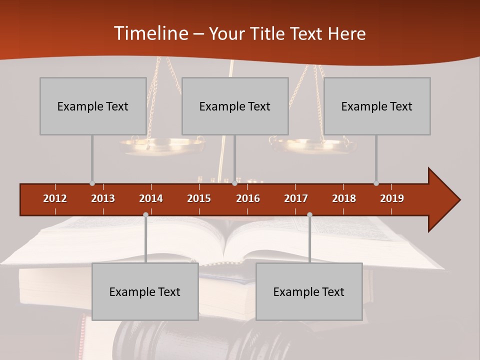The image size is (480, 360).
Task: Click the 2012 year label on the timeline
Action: (55, 198)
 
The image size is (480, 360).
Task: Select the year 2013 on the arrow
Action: (103, 198)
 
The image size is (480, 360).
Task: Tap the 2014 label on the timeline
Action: (151, 198)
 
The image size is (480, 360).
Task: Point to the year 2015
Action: (199, 198)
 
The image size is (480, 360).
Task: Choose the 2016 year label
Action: (248, 198)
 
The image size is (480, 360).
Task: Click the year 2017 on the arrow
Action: (296, 198)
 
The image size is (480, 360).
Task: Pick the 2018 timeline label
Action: (344, 198)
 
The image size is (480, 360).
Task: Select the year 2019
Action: (392, 198)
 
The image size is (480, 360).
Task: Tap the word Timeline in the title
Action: (150, 33)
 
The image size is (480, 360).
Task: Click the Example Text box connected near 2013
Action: (93, 106)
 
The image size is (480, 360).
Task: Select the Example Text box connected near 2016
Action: (235, 106)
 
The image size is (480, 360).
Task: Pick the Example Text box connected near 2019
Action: (377, 106)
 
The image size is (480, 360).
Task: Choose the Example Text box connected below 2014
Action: (145, 291)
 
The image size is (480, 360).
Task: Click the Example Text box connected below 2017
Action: (309, 291)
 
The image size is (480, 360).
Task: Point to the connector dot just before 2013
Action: (92, 183)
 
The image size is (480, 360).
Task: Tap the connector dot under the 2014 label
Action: (145, 214)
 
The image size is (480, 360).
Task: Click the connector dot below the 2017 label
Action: (309, 214)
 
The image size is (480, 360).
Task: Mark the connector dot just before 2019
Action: (376, 183)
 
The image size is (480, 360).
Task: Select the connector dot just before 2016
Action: (234, 183)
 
